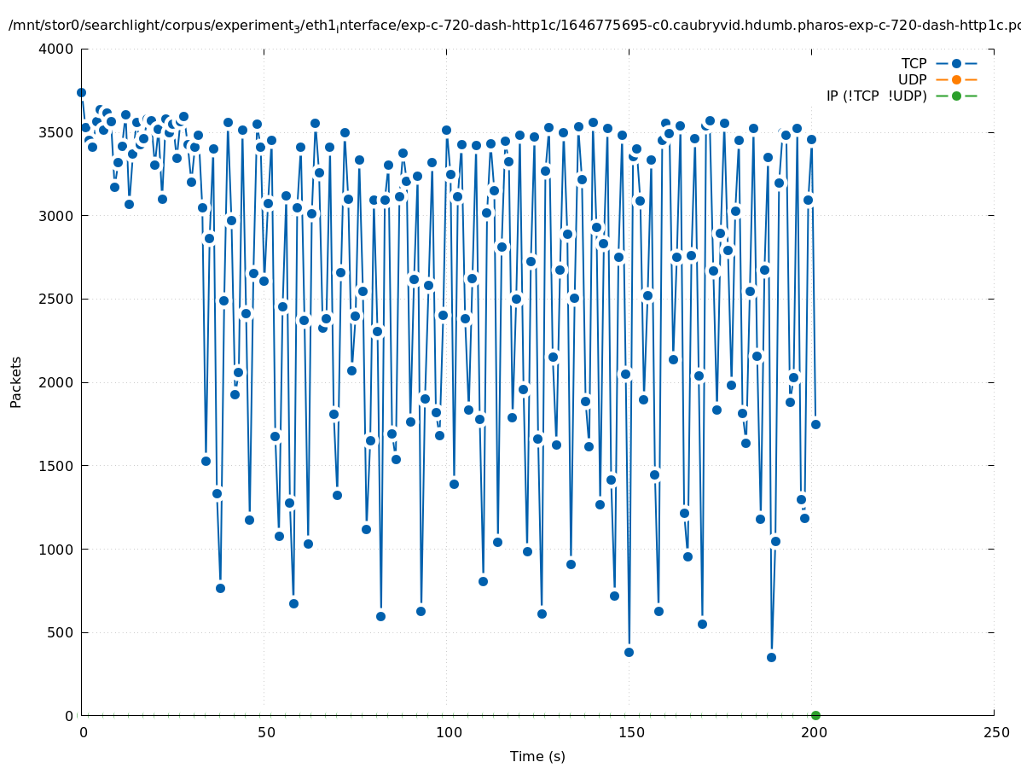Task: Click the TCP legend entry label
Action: [x=914, y=63]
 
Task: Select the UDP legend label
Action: [x=912, y=79]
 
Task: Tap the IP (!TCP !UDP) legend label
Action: [x=876, y=96]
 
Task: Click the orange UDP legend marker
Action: [x=956, y=79]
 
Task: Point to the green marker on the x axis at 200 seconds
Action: [x=815, y=715]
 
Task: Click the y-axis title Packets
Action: [x=16, y=381]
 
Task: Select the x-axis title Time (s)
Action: [x=537, y=756]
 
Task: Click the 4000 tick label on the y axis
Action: [x=55, y=49]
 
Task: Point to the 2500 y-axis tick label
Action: [x=55, y=299]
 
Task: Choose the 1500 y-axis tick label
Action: [x=55, y=466]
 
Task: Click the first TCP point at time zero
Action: [x=81, y=92]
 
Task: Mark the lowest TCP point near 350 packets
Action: [x=771, y=657]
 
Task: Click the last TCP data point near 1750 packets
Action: [x=815, y=424]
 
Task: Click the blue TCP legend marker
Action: [x=956, y=63]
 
